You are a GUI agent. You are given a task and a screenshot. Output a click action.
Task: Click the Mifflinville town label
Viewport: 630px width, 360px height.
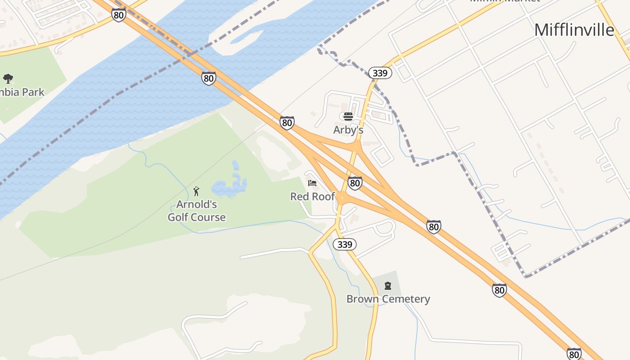pyautogui.click(x=574, y=30)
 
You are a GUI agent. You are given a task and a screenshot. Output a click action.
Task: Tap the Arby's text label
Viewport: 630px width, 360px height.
pyautogui.click(x=348, y=130)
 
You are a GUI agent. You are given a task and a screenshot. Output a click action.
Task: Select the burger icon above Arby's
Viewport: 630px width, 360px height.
pyautogui.click(x=348, y=117)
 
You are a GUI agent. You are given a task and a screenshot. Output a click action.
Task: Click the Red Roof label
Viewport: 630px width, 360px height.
pyautogui.click(x=312, y=197)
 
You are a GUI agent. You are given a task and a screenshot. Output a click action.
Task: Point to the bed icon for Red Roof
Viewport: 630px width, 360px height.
pyautogui.click(x=312, y=183)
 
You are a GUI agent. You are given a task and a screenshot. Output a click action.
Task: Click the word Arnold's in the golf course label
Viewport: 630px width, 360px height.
pyautogui.click(x=197, y=205)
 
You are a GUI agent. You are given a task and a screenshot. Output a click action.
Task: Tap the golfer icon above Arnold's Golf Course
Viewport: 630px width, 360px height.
pyautogui.click(x=196, y=192)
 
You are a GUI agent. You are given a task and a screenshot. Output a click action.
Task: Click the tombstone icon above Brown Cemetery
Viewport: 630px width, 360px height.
pyautogui.click(x=388, y=286)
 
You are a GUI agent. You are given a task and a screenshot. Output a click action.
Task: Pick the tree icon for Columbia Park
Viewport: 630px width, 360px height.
pyautogui.click(x=8, y=79)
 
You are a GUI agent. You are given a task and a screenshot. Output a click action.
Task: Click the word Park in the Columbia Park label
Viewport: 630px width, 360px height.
pyautogui.click(x=33, y=92)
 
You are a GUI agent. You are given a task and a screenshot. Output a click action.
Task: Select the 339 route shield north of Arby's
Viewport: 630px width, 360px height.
pyautogui.click(x=380, y=73)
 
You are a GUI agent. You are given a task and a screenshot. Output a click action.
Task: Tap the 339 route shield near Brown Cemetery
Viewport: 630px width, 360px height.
pyautogui.click(x=345, y=244)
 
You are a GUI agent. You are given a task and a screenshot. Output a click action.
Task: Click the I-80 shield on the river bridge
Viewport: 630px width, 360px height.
pyautogui.click(x=208, y=78)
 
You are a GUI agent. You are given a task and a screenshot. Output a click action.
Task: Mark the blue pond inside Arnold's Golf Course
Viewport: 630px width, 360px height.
pyautogui.click(x=230, y=186)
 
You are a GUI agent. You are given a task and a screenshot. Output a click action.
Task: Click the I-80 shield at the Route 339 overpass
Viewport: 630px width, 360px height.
pyautogui.click(x=355, y=183)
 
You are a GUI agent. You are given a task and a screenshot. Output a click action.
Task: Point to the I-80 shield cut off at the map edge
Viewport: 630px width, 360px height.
pyautogui.click(x=574, y=354)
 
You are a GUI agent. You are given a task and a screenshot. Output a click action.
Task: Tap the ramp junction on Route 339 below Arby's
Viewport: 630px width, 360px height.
pyautogui.click(x=356, y=146)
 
